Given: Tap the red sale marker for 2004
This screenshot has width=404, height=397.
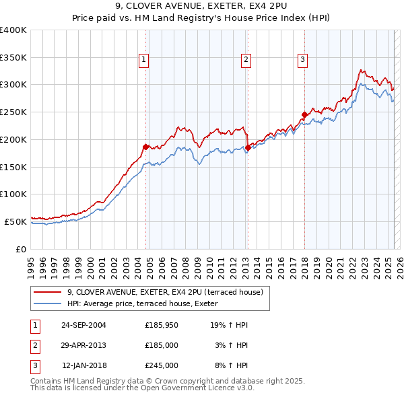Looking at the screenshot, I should coord(145,146).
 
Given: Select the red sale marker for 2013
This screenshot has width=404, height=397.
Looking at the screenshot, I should coord(248,147).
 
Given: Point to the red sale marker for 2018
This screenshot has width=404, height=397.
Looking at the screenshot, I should coord(304,114).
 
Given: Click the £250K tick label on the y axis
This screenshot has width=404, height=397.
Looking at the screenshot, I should coord(13,112).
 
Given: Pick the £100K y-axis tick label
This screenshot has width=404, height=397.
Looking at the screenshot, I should coord(13,194).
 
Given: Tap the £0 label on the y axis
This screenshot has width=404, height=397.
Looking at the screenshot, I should coord(22,249).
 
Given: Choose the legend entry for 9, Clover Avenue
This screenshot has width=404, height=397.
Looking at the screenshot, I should coord(168,292).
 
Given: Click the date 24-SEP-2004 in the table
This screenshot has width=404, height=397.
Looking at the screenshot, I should coord(83,325).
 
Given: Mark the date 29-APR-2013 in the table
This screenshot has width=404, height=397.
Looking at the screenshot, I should coord(83,345).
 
